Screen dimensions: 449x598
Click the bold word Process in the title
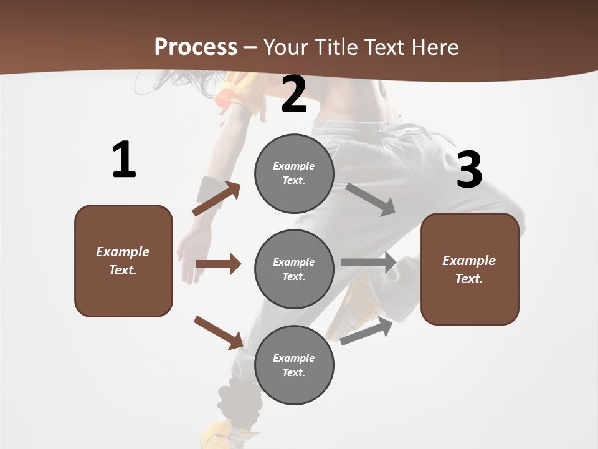(x=196, y=47)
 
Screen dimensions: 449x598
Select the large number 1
(x=124, y=160)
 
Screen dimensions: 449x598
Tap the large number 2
(x=294, y=94)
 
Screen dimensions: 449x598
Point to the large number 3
(x=469, y=170)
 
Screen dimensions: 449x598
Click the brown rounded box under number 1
(x=123, y=261)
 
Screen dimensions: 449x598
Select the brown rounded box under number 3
(x=470, y=269)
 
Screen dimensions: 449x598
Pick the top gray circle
(x=294, y=173)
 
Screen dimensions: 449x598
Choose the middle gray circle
(x=294, y=269)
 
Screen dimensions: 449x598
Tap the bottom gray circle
(x=294, y=365)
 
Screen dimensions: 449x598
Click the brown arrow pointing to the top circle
(x=217, y=199)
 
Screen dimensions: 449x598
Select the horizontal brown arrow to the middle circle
(x=218, y=264)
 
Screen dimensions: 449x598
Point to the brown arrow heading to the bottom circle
(x=219, y=332)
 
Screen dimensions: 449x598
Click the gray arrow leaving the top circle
(x=371, y=199)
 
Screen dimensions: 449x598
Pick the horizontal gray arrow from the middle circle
(x=369, y=262)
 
